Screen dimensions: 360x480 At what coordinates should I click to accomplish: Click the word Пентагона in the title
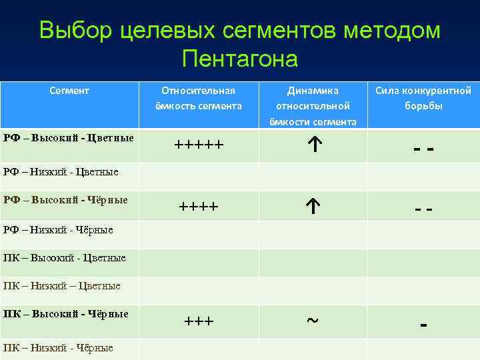pos(239,59)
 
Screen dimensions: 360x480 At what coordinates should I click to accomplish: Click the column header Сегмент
pos(69,90)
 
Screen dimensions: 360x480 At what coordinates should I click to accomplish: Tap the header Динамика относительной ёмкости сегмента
pos(312,105)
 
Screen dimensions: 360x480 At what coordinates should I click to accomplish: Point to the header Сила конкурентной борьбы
pos(423,98)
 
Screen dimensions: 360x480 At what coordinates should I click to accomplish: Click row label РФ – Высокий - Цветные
pos(69,138)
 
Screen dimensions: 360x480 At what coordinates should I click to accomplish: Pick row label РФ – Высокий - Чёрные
pos(66,199)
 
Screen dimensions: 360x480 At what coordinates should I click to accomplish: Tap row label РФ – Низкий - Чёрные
pos(58,230)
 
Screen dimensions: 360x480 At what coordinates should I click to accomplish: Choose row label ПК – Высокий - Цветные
pos(64,257)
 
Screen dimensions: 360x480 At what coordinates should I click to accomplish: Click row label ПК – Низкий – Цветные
pos(62,286)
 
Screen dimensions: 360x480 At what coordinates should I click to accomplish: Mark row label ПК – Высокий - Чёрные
pos(66,313)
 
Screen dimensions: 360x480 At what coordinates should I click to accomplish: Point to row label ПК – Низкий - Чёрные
pos(58,347)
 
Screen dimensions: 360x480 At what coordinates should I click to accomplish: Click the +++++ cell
pos(199,145)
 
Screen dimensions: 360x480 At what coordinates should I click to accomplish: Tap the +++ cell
pos(199,321)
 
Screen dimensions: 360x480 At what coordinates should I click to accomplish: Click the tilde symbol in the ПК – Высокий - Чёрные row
pos(311,320)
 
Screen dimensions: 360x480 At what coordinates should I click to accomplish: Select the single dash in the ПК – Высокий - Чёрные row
pos(423,325)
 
